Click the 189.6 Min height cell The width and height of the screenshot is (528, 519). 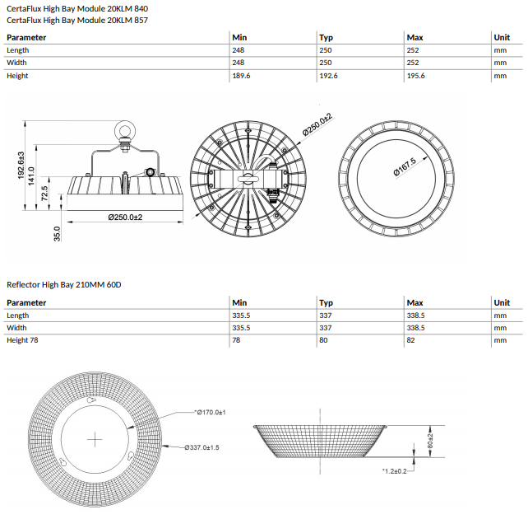[243, 76]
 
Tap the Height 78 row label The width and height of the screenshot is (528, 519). [23, 340]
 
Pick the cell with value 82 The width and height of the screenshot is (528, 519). [411, 340]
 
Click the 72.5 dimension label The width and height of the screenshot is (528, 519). [44, 194]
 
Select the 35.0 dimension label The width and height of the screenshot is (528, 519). [57, 234]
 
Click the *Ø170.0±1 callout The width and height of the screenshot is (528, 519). [209, 411]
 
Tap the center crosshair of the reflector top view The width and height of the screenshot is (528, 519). [96, 438]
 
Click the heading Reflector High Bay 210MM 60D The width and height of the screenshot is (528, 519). [63, 284]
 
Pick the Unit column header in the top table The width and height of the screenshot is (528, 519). [501, 38]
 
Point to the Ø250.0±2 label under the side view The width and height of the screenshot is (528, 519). [125, 217]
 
